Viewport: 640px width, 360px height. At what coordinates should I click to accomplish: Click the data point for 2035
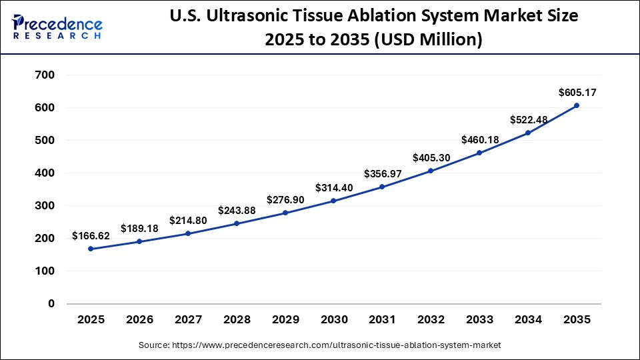(576, 105)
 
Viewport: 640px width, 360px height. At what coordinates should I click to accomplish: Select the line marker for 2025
(91, 249)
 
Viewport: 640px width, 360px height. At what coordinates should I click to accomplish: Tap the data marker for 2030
(333, 201)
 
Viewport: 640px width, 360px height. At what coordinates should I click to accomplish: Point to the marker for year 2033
(479, 153)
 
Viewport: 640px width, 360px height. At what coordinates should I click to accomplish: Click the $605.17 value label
(576, 92)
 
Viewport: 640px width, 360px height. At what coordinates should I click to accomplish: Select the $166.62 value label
(91, 236)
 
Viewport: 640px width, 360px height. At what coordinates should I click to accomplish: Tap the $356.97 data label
(382, 173)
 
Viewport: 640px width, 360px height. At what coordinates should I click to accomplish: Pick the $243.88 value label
(237, 210)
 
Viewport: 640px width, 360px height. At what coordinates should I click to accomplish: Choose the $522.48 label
(528, 119)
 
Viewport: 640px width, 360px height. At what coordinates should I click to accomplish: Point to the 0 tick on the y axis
(51, 304)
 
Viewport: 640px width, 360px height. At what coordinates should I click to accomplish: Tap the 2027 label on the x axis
(188, 320)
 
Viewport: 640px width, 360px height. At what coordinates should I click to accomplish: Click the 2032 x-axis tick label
(431, 320)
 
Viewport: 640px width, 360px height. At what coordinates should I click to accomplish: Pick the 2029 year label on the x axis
(285, 320)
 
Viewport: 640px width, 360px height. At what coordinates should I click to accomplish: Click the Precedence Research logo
(57, 26)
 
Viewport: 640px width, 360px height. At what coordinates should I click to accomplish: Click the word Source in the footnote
(154, 345)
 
